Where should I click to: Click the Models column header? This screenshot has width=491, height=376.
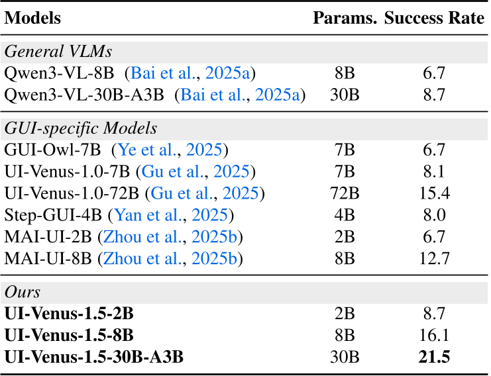[x=32, y=18]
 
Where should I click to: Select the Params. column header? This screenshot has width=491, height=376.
[x=345, y=18]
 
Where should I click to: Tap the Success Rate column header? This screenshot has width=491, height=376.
[x=434, y=18]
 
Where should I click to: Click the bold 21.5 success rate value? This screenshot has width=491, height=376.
[x=434, y=357]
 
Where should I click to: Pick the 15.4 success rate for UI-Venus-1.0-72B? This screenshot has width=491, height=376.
[x=434, y=193]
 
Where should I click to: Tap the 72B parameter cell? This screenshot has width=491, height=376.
[x=345, y=193]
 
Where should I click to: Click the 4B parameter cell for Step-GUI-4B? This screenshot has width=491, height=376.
[x=345, y=215]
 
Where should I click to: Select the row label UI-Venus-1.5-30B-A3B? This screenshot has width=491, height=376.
[x=94, y=357]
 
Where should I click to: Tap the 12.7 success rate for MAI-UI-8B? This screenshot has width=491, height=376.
[x=434, y=258]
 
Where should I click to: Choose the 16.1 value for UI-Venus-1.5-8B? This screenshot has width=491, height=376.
[x=434, y=336]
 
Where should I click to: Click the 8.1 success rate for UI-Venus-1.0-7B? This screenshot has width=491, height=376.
[x=434, y=171]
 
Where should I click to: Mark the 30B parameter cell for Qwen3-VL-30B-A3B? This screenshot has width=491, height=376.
[x=345, y=95]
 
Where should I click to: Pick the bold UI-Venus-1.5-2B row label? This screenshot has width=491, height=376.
[x=70, y=314]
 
